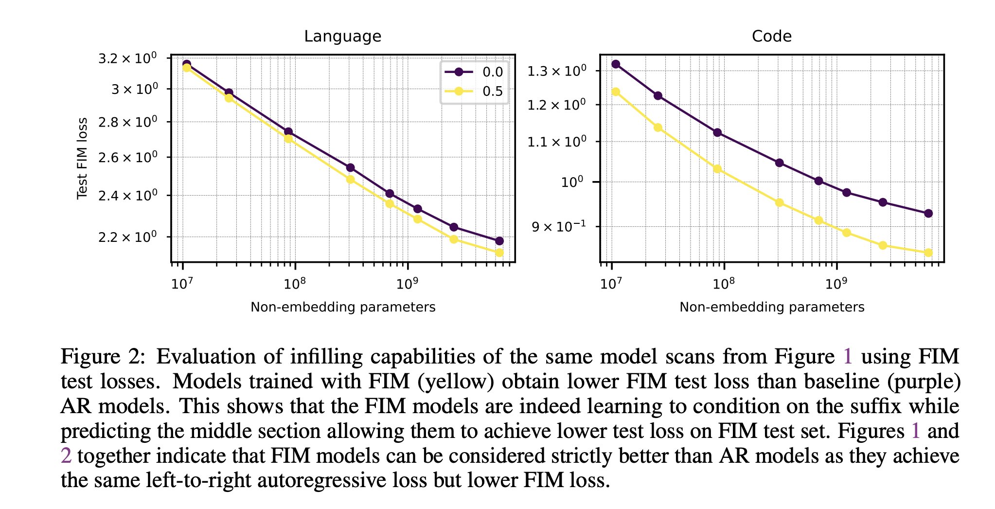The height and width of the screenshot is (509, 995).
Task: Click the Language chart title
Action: click(x=342, y=36)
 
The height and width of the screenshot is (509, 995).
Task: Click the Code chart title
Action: click(x=771, y=36)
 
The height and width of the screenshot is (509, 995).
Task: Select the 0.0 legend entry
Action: click(x=474, y=72)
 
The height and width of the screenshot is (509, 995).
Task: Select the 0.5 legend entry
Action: click(x=474, y=91)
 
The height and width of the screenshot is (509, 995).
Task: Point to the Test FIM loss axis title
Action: click(x=82, y=158)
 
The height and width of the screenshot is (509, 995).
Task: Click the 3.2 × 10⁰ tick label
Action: click(x=127, y=58)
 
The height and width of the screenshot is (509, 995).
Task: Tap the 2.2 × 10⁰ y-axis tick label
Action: click(x=127, y=237)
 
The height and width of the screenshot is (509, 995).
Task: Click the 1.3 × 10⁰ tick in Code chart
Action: click(x=557, y=71)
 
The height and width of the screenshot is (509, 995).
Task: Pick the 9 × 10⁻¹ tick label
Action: click(x=558, y=226)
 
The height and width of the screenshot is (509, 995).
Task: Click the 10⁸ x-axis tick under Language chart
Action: click(x=295, y=283)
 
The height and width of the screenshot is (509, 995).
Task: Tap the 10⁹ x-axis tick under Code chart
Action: click(x=836, y=283)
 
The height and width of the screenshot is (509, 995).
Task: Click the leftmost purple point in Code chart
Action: click(x=616, y=64)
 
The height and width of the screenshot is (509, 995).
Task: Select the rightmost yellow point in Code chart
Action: click(x=928, y=253)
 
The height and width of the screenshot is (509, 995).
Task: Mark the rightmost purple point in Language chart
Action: click(x=499, y=241)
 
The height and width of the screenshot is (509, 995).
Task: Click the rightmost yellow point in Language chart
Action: click(x=499, y=253)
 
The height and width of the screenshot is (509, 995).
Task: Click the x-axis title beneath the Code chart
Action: click(x=772, y=307)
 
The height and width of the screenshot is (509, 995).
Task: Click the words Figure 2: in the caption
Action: click(x=103, y=357)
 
